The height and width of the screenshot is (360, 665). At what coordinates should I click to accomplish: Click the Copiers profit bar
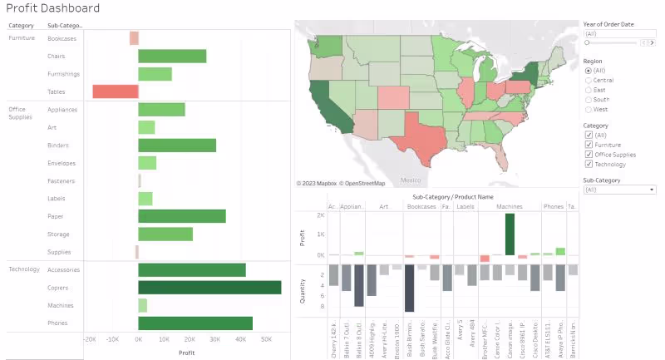pos(209,288)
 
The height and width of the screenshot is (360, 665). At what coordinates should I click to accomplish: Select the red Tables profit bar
pos(115,91)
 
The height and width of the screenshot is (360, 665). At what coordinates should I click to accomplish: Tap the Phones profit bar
pos(195,323)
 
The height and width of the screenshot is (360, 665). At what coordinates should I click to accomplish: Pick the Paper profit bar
pos(182,216)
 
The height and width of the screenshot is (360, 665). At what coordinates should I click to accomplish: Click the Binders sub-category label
pos(58,145)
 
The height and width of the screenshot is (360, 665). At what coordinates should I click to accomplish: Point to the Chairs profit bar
pos(172,57)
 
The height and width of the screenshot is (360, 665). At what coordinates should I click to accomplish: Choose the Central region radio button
pos(589,80)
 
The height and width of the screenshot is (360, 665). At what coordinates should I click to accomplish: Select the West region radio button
pos(589,109)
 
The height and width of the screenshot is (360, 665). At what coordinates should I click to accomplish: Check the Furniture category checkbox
pos(589,145)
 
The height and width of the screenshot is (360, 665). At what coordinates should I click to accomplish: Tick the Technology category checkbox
pos(589,164)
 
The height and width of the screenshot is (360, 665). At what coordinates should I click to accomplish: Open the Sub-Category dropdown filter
pos(619,190)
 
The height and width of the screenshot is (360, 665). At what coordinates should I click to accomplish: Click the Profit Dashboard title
pos(53,8)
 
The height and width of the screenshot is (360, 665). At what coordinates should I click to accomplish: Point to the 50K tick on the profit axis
pos(267,340)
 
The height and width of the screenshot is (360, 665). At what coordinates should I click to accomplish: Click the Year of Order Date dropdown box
pos(619,33)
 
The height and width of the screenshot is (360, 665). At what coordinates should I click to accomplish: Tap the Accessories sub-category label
pos(64,270)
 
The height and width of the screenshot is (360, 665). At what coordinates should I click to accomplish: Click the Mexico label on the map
pos(411,179)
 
